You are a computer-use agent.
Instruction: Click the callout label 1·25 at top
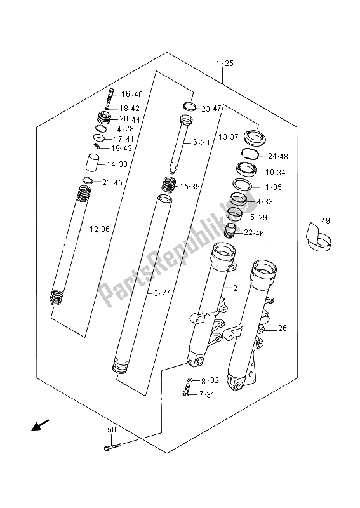coord(224,63)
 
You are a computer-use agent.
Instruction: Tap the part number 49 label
coord(326,221)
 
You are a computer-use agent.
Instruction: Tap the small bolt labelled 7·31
coord(186,394)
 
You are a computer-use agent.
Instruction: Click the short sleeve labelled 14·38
coord(94,164)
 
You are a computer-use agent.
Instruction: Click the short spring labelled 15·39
coord(168,186)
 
